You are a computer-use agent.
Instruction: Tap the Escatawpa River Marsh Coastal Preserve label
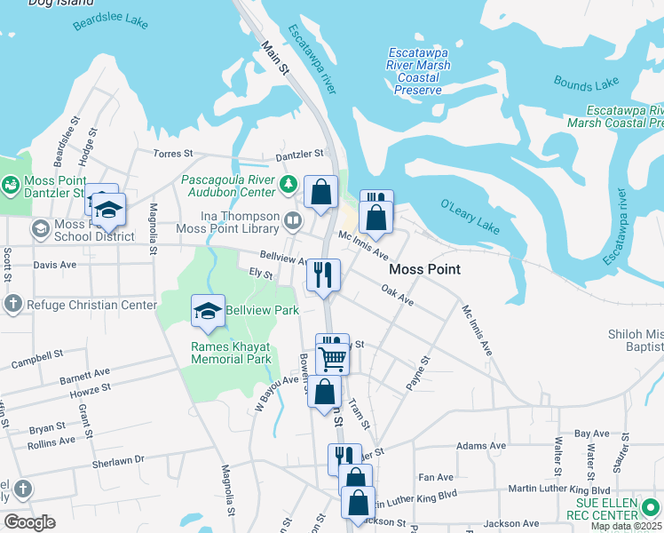point(417,72)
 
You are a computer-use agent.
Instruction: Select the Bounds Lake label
point(585,83)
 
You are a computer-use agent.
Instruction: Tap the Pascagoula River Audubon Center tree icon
point(288,185)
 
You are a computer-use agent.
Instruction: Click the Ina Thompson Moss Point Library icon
point(293,219)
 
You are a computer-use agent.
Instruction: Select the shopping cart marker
point(333,360)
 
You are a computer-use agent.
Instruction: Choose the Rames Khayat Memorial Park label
point(230,353)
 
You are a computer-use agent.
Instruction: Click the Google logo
point(29,521)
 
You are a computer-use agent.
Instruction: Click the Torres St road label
point(174,154)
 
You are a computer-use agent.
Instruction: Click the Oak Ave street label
point(397,295)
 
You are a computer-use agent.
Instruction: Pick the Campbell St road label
point(36,359)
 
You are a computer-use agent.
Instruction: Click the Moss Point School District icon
point(40,230)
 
